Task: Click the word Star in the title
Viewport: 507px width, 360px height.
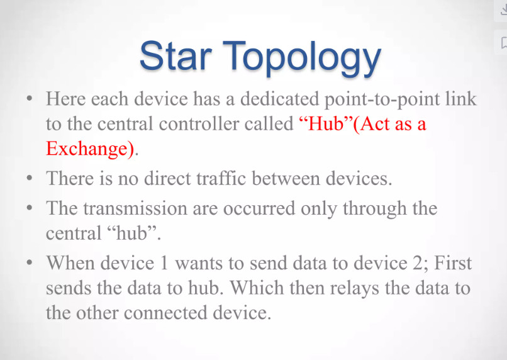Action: pos(175,55)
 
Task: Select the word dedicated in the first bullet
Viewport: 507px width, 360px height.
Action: pos(280,99)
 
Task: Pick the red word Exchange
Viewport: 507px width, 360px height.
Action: pos(89,149)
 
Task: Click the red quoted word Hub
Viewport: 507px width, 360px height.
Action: pos(326,123)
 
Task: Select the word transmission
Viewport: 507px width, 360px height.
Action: pos(135,208)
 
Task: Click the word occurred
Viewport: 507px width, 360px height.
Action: pos(259,208)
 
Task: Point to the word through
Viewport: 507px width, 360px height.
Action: pos(374,209)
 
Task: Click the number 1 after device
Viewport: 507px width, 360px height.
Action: pos(164,263)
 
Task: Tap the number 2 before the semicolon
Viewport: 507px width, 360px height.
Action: pos(417,263)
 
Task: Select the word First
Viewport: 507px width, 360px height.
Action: pos(453,262)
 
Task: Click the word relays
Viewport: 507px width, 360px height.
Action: pos(354,288)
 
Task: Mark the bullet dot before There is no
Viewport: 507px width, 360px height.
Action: pos(30,178)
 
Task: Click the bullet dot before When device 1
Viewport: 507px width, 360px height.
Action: pos(30,262)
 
